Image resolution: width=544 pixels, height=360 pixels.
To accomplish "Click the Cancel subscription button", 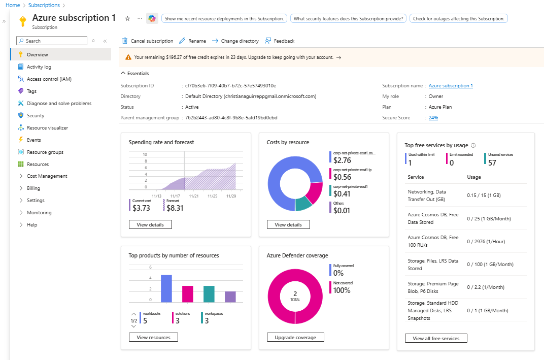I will [147, 41].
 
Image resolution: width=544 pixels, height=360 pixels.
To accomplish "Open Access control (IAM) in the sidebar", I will [49, 79].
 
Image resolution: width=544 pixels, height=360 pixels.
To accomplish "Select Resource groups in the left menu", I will [45, 152].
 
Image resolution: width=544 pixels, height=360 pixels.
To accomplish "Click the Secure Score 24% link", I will [433, 117].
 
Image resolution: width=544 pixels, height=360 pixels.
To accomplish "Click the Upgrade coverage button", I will [295, 338].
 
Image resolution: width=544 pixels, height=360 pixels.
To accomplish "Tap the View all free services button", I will [436, 338].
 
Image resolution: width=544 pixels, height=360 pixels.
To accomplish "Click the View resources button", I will [153, 337].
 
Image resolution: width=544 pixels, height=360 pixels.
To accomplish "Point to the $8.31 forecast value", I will [175, 208].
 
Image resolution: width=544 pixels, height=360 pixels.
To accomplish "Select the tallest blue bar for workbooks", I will [166, 288].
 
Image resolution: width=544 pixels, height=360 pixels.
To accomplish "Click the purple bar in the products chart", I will [230, 297].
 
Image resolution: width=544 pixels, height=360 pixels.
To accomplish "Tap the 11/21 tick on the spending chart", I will [194, 195].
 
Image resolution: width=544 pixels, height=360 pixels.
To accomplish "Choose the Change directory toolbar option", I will [235, 41].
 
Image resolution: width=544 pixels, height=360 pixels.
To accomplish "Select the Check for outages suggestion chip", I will [458, 18].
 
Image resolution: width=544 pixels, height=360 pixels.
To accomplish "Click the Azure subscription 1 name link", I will [451, 86].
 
